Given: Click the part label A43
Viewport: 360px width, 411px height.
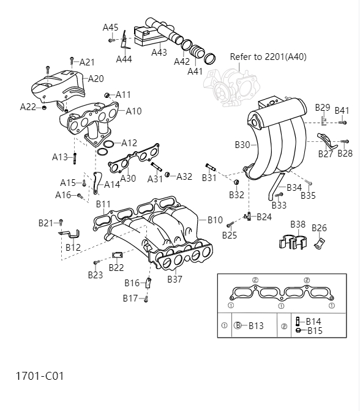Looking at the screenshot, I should (159, 53).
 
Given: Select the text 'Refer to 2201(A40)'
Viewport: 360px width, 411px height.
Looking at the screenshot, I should (268, 57).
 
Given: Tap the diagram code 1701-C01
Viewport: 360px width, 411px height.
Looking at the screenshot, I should (40, 376).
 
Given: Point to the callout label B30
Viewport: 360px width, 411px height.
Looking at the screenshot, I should (242, 145).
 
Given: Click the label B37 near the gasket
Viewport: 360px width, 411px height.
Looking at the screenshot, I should (175, 280).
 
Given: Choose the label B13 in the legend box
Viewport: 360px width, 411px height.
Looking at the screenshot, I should (256, 326).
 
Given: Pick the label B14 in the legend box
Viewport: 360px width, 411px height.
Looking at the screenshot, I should (313, 321).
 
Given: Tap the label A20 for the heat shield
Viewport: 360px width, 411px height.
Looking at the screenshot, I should (96, 78).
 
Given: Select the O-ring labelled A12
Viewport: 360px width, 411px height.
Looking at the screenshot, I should (108, 145).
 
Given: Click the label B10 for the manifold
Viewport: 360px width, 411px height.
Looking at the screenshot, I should (215, 220).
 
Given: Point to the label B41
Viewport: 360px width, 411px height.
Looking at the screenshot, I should (342, 111).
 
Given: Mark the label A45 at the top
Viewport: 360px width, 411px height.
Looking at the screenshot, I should (110, 28).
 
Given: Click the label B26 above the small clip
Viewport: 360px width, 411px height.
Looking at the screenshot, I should (319, 228).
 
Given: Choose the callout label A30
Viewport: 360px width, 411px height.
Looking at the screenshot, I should (128, 179).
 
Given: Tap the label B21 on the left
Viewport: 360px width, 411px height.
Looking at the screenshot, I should (46, 223).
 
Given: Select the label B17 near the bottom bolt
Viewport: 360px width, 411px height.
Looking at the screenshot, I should (130, 298).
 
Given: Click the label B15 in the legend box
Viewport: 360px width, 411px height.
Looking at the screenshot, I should (314, 330).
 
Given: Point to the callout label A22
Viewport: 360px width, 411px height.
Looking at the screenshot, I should (28, 107).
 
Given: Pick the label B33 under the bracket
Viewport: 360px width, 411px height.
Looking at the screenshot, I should (279, 206).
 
